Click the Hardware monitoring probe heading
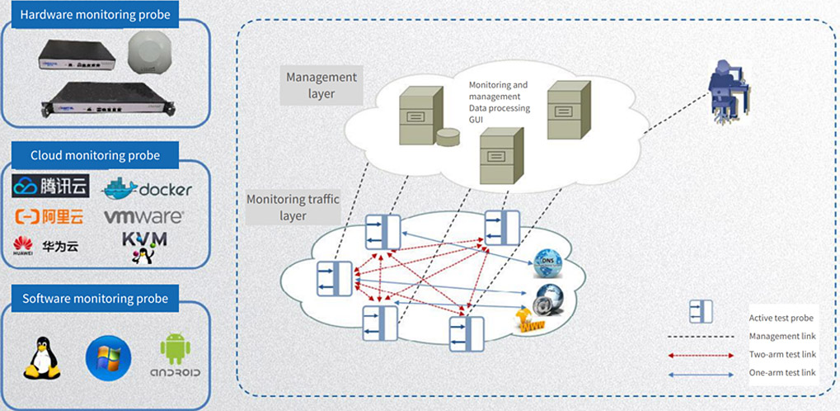click(x=95, y=15)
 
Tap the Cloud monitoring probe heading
click(x=95, y=155)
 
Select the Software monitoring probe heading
click(x=95, y=299)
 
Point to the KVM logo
click(x=144, y=245)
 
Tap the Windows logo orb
click(x=108, y=357)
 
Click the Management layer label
click(x=321, y=85)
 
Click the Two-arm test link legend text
click(x=782, y=354)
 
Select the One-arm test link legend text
click(x=782, y=373)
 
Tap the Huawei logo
click(x=22, y=244)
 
